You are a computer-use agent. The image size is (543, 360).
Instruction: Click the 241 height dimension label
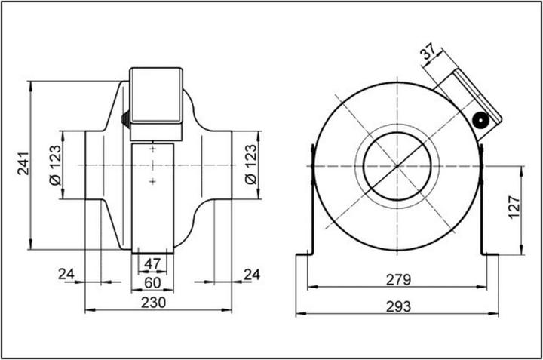pyautogui.click(x=21, y=163)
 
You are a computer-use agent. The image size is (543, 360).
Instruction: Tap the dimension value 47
pyautogui.click(x=152, y=264)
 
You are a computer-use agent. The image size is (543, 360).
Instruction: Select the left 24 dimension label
pyautogui.click(x=67, y=273)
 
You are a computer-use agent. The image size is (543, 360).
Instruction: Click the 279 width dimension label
pyautogui.click(x=397, y=281)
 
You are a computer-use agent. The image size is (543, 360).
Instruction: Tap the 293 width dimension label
pyautogui.click(x=397, y=306)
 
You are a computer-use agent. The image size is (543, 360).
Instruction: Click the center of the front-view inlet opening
pyautogui.click(x=397, y=165)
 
